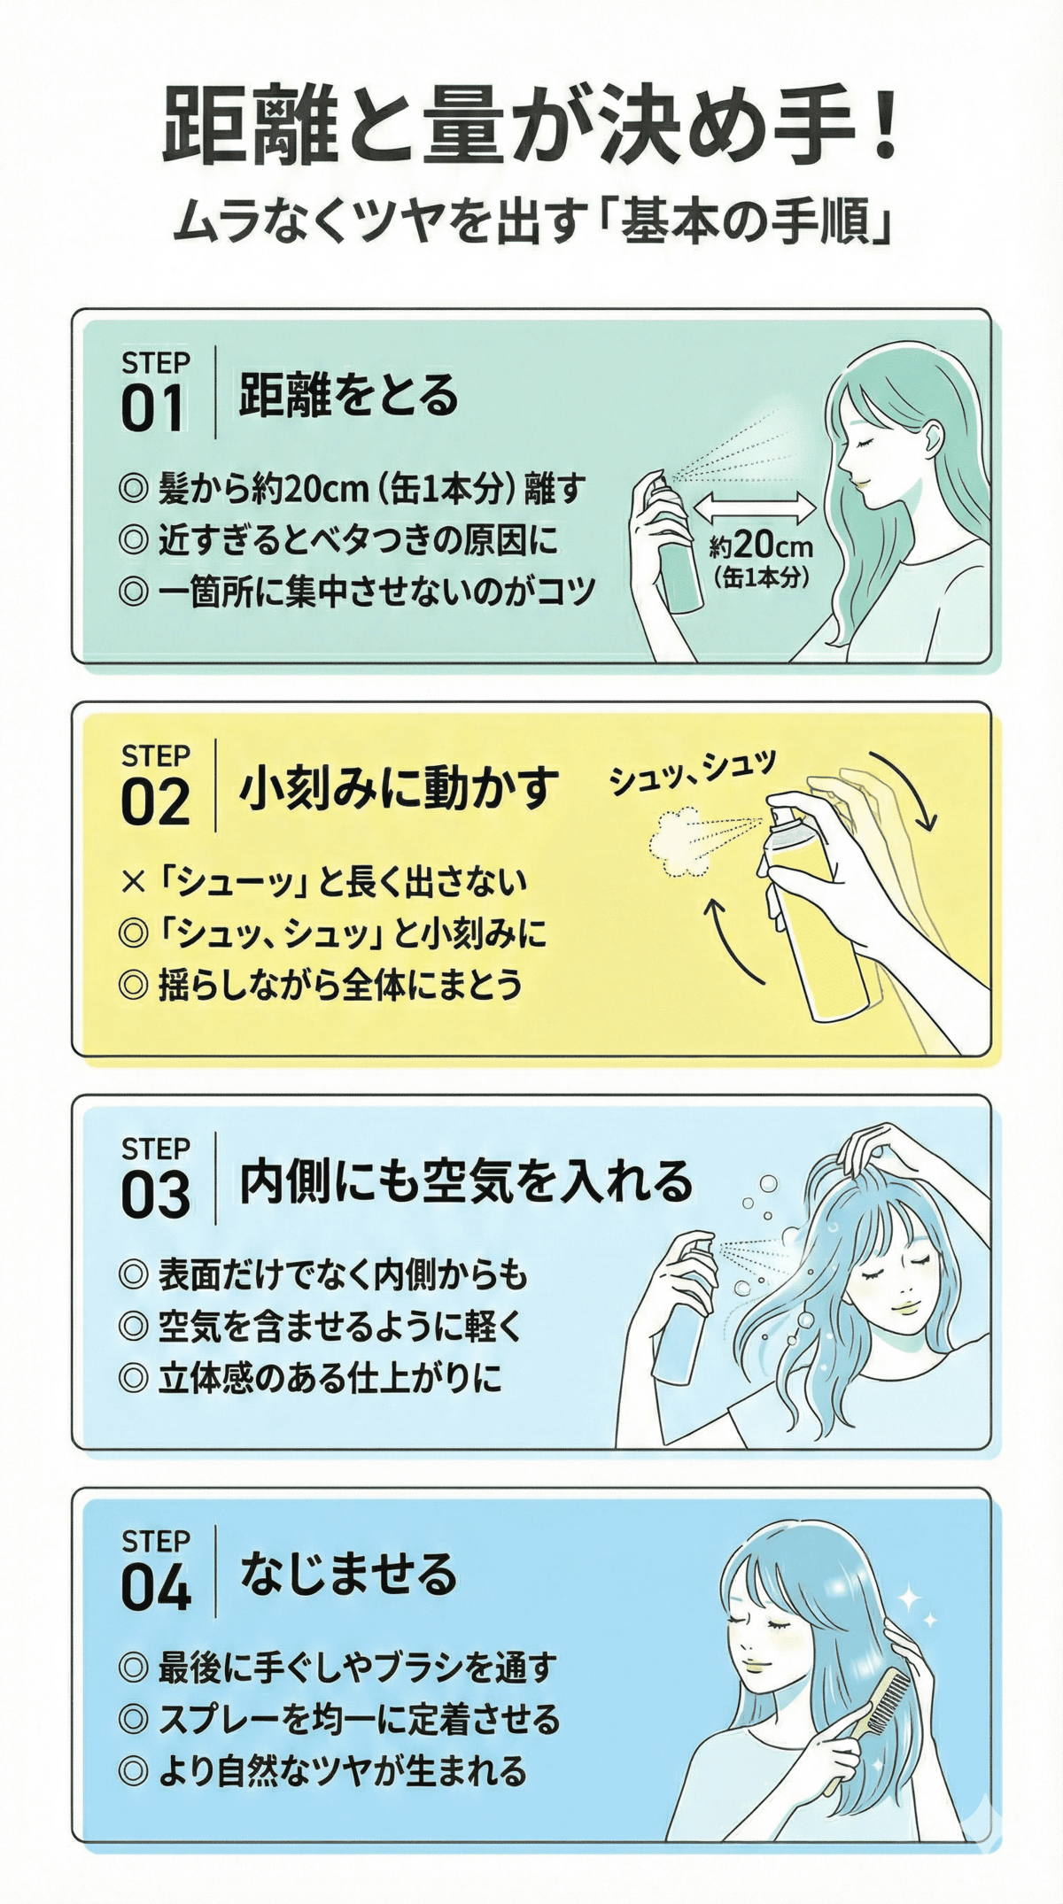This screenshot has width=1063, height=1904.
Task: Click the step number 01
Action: click(x=152, y=409)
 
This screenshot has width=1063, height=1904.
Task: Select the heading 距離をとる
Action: click(x=348, y=396)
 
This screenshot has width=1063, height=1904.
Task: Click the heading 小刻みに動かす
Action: click(x=399, y=788)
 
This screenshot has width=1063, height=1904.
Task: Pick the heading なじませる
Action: click(x=348, y=1574)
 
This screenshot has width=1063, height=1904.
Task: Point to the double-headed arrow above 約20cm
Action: click(x=755, y=509)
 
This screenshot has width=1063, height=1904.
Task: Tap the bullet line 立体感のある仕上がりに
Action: click(x=330, y=1378)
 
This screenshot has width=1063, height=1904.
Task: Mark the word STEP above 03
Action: click(x=156, y=1149)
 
